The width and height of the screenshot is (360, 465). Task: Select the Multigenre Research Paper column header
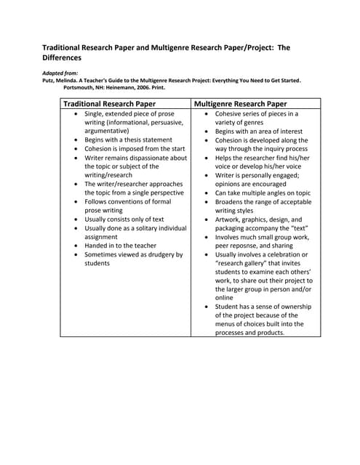click(x=240, y=104)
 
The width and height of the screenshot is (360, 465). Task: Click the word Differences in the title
click(x=62, y=57)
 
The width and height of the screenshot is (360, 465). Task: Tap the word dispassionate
click(x=164, y=157)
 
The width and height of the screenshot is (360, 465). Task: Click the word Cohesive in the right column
click(x=231, y=114)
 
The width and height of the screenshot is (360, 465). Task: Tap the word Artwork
click(x=230, y=219)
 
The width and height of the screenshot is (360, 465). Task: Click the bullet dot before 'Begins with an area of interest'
click(x=207, y=132)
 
